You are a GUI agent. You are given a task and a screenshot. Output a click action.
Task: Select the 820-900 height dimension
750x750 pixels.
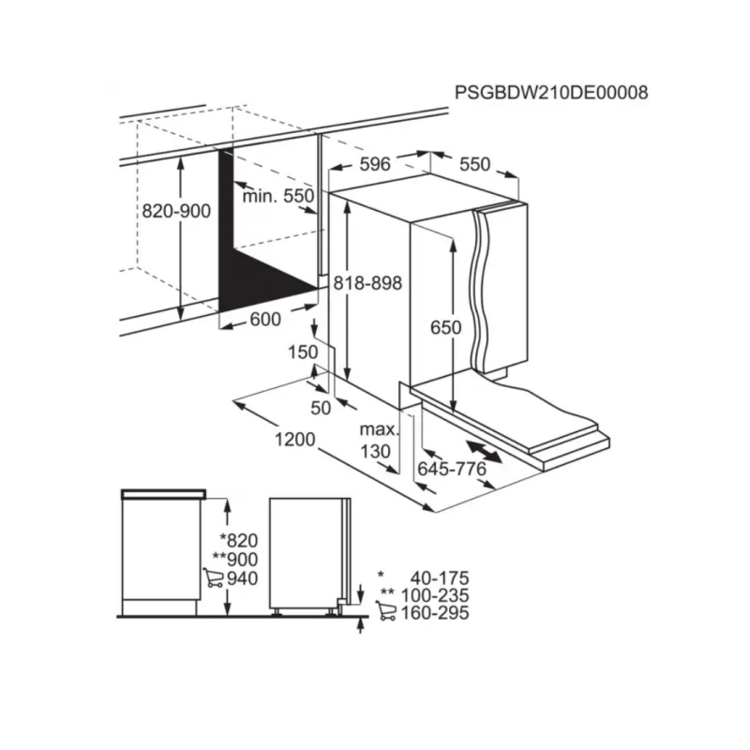point(176,211)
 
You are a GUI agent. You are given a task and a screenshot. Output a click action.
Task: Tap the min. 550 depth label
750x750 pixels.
point(277,196)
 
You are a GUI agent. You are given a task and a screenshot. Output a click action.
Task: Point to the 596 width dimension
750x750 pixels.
point(374,164)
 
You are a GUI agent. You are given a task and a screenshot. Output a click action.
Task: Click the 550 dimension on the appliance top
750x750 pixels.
point(474,164)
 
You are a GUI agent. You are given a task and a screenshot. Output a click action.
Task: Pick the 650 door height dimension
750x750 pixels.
point(446,327)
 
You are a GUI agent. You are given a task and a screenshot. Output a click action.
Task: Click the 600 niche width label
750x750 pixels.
point(265,319)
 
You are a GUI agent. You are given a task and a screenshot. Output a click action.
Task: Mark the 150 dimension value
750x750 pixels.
point(304,352)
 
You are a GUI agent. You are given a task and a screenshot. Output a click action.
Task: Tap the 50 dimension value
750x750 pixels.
point(321,407)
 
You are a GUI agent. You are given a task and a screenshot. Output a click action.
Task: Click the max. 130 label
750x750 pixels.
point(379,441)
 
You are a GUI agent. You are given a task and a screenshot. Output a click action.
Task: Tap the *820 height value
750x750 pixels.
point(238,539)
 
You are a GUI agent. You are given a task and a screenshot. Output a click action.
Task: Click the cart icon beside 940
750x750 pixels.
point(213,577)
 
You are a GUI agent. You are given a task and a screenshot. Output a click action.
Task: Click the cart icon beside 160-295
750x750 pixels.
point(384,613)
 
